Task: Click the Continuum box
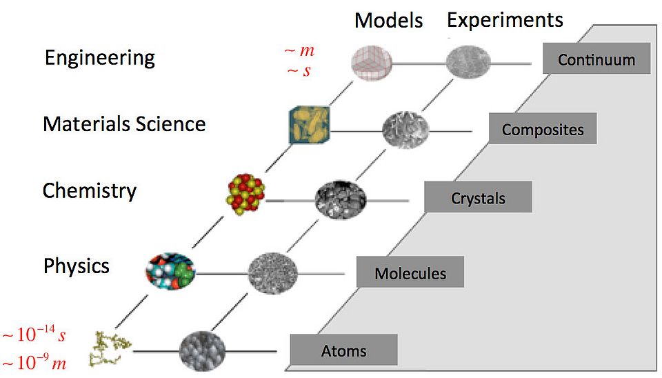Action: click(596, 58)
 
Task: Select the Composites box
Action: click(543, 128)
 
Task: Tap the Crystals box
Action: click(478, 197)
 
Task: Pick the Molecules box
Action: click(410, 272)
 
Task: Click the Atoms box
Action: click(343, 350)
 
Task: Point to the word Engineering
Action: click(99, 58)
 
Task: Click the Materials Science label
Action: click(124, 123)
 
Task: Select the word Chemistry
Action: click(90, 191)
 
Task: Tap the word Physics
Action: click(77, 266)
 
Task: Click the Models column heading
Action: click(388, 20)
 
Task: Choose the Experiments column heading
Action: click(505, 20)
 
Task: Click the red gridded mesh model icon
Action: click(372, 63)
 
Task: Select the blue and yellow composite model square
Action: click(310, 125)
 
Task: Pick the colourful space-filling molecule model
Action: click(170, 272)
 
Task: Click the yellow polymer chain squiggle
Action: click(109, 348)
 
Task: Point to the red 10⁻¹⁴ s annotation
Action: click(34, 334)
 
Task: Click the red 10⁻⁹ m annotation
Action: click(34, 362)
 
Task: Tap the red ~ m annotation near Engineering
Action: click(299, 50)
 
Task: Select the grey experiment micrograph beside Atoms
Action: click(202, 351)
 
